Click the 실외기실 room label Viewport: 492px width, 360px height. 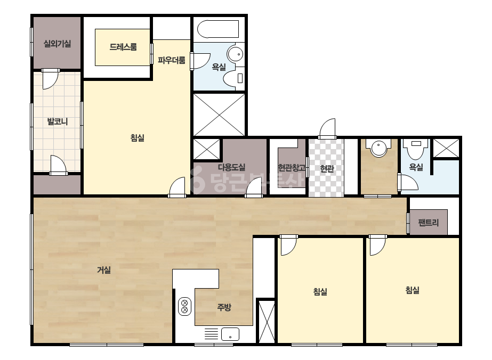coord(57,44)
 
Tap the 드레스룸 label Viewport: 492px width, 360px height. coord(123,47)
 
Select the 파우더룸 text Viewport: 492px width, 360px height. coord(171,60)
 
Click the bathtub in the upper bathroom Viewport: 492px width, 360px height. coord(218,29)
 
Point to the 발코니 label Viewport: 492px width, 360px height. coord(58,121)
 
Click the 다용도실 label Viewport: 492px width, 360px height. coord(231,167)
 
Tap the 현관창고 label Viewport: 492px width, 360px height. coord(292,168)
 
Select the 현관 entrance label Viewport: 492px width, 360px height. coord(327,169)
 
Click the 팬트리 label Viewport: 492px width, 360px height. coord(429,223)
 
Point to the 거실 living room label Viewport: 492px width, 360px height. coord(104,269)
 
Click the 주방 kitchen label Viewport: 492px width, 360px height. coord(224,307)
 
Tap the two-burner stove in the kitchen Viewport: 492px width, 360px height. coord(185,306)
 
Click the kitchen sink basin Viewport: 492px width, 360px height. coord(230,334)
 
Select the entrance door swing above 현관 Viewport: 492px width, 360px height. coord(327,128)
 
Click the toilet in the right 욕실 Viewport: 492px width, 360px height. coord(416,149)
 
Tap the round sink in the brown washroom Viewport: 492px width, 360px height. coord(379,148)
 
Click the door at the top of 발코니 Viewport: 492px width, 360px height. coord(50,79)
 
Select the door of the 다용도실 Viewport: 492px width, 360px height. coord(254,187)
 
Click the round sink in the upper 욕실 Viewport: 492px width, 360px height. coord(235,54)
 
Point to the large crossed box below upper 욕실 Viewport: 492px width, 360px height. coord(219,115)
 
